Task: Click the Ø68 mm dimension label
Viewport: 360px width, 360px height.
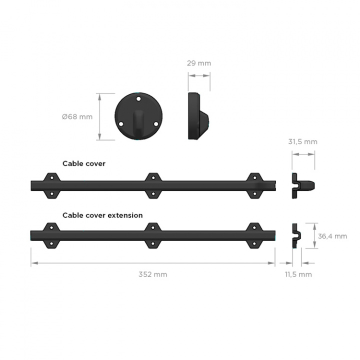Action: (x=77, y=116)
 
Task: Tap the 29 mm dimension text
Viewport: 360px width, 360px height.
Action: (x=199, y=63)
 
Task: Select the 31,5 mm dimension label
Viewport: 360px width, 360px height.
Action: (x=303, y=141)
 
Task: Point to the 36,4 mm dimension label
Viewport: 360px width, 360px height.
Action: (x=332, y=236)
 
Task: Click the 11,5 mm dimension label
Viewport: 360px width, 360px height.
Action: (x=298, y=274)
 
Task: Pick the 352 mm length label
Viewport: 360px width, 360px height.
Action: (x=152, y=274)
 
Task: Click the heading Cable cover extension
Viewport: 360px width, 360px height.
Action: (x=102, y=215)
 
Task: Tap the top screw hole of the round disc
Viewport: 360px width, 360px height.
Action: (x=138, y=99)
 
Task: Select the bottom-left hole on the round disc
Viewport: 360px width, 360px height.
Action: (x=121, y=124)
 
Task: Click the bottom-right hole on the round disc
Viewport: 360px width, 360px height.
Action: (x=156, y=124)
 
